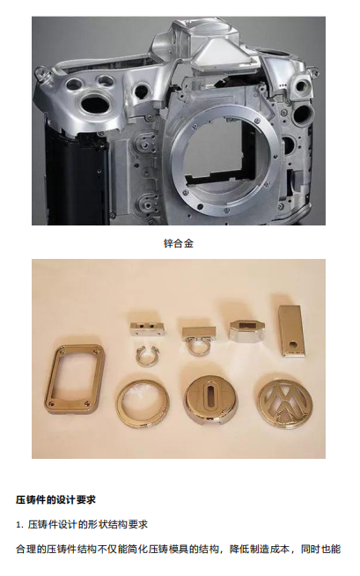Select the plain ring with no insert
click(x=143, y=402)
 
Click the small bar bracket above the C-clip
click(x=146, y=329)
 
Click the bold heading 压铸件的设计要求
click(x=55, y=499)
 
